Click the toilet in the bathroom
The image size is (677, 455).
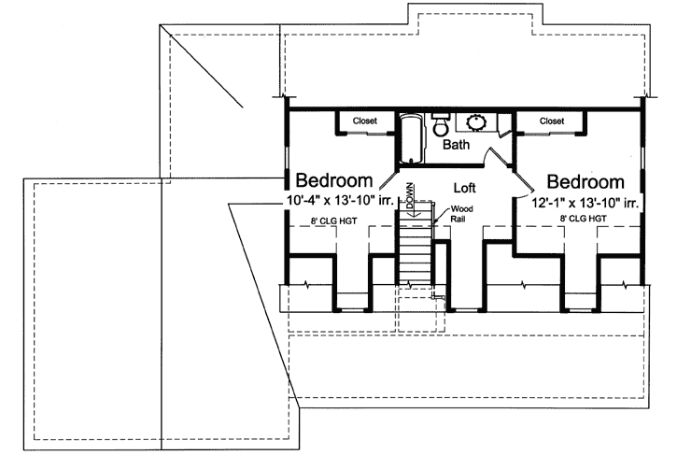tap(440, 127)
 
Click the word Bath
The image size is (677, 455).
tap(456, 146)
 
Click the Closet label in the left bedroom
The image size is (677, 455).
tap(365, 121)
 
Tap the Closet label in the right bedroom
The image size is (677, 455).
tap(552, 121)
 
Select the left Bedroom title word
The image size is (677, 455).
tap(334, 180)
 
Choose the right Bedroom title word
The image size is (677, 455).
tap(585, 181)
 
